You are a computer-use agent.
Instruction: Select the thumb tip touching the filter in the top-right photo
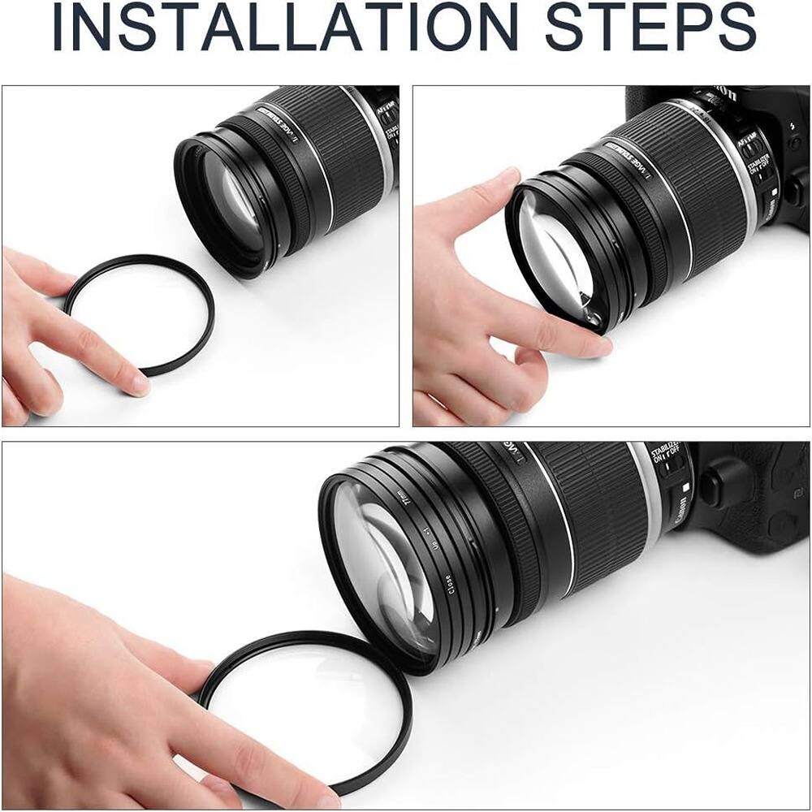tap(507, 179)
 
